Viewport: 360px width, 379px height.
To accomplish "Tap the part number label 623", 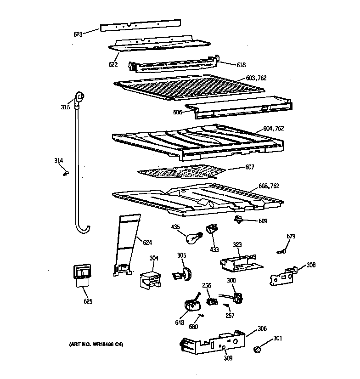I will [79, 34].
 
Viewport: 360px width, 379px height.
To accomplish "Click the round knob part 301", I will [258, 351].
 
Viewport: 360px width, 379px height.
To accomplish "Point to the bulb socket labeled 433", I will [212, 228].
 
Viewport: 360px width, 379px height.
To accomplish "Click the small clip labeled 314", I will [65, 173].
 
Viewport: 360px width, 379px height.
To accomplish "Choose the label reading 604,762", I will [274, 129].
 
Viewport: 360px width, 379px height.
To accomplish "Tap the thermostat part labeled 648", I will [191, 305].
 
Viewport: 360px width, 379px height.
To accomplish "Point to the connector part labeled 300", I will [237, 297].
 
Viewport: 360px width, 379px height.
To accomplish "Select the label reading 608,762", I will [269, 186].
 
